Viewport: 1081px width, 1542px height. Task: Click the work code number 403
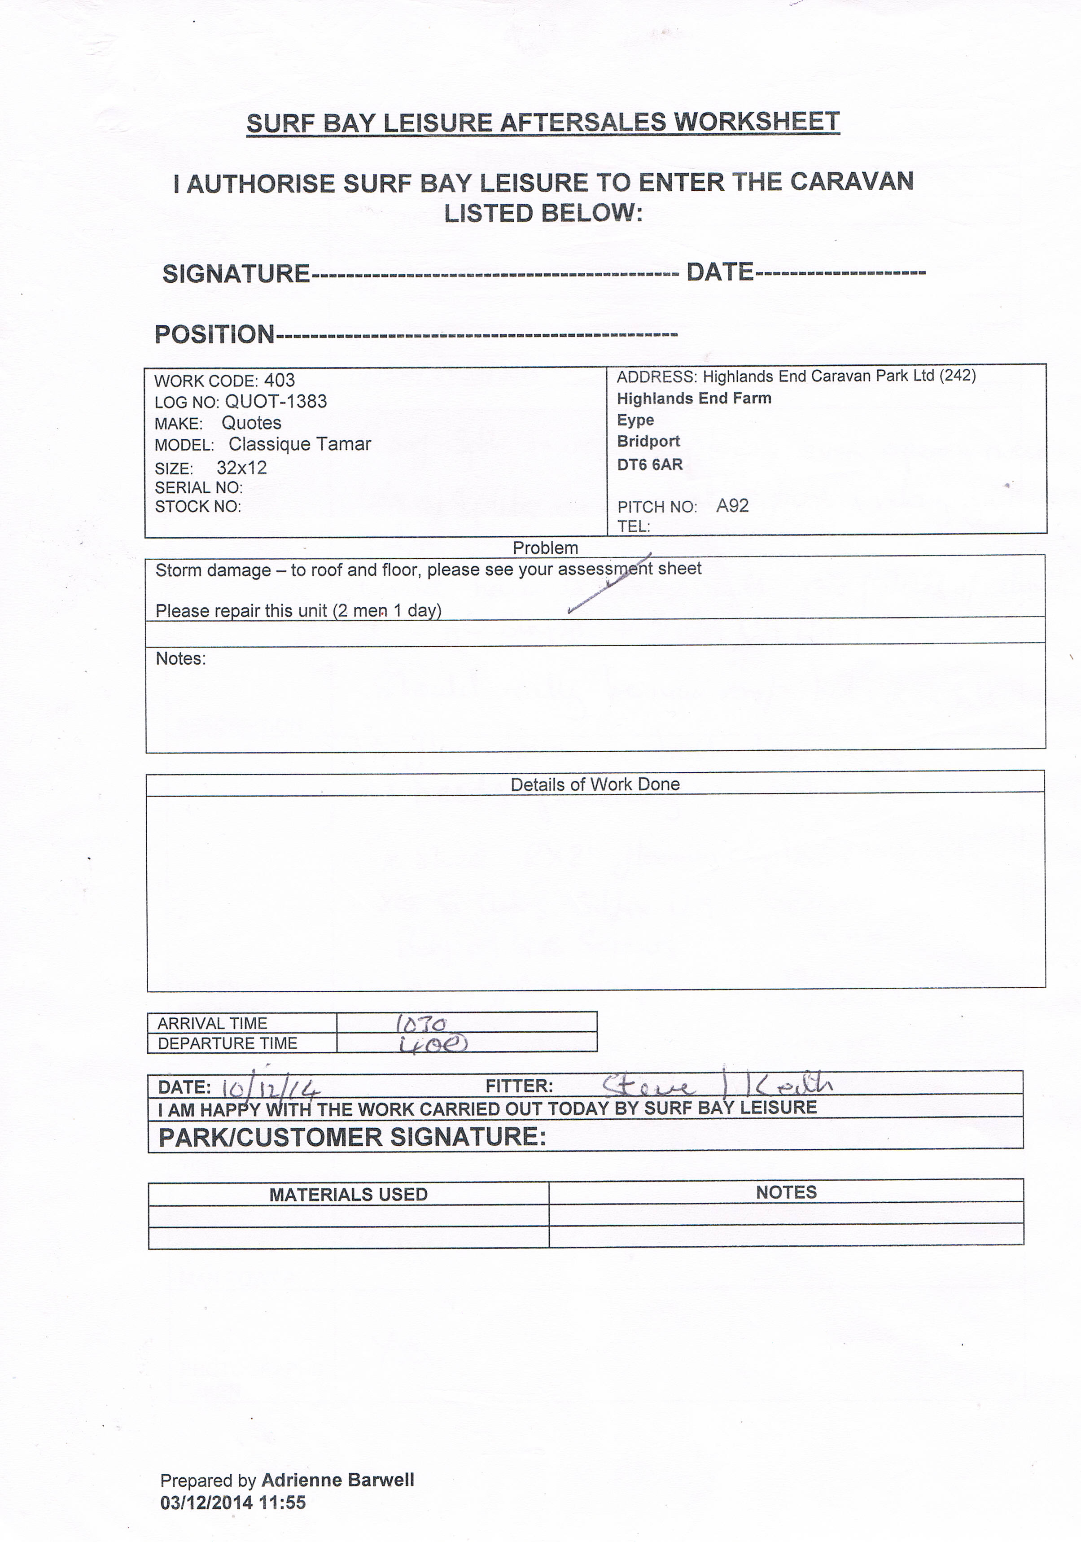[279, 381]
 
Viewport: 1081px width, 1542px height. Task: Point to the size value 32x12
[242, 468]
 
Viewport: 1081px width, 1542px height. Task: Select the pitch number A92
[732, 506]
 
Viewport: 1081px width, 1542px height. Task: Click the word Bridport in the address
[648, 441]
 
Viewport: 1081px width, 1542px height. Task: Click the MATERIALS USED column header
[349, 1195]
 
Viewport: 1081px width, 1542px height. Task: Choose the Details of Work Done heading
[595, 784]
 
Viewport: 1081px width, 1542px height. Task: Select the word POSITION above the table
[215, 334]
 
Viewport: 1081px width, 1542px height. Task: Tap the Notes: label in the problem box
[180, 659]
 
